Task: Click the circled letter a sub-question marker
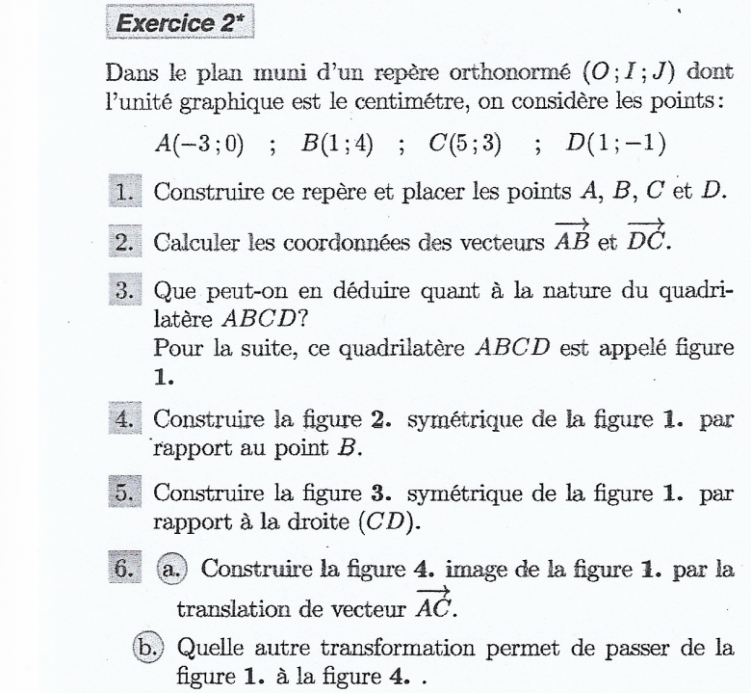click(x=167, y=565)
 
